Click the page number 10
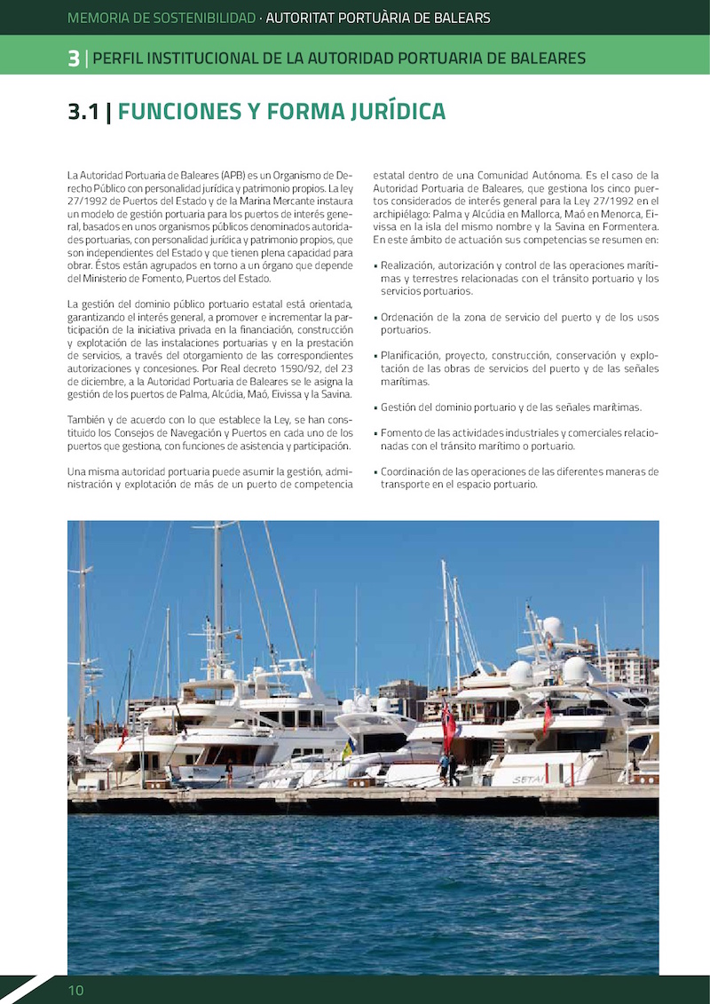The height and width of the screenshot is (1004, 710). (x=75, y=990)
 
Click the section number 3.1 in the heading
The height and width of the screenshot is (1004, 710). (x=83, y=112)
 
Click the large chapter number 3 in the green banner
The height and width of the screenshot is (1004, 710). (x=74, y=59)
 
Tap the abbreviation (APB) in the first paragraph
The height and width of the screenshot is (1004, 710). (x=235, y=176)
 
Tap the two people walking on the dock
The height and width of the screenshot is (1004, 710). (x=448, y=770)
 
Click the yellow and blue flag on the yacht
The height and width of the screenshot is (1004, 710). (x=347, y=751)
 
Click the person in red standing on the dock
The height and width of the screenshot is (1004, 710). (x=229, y=773)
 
